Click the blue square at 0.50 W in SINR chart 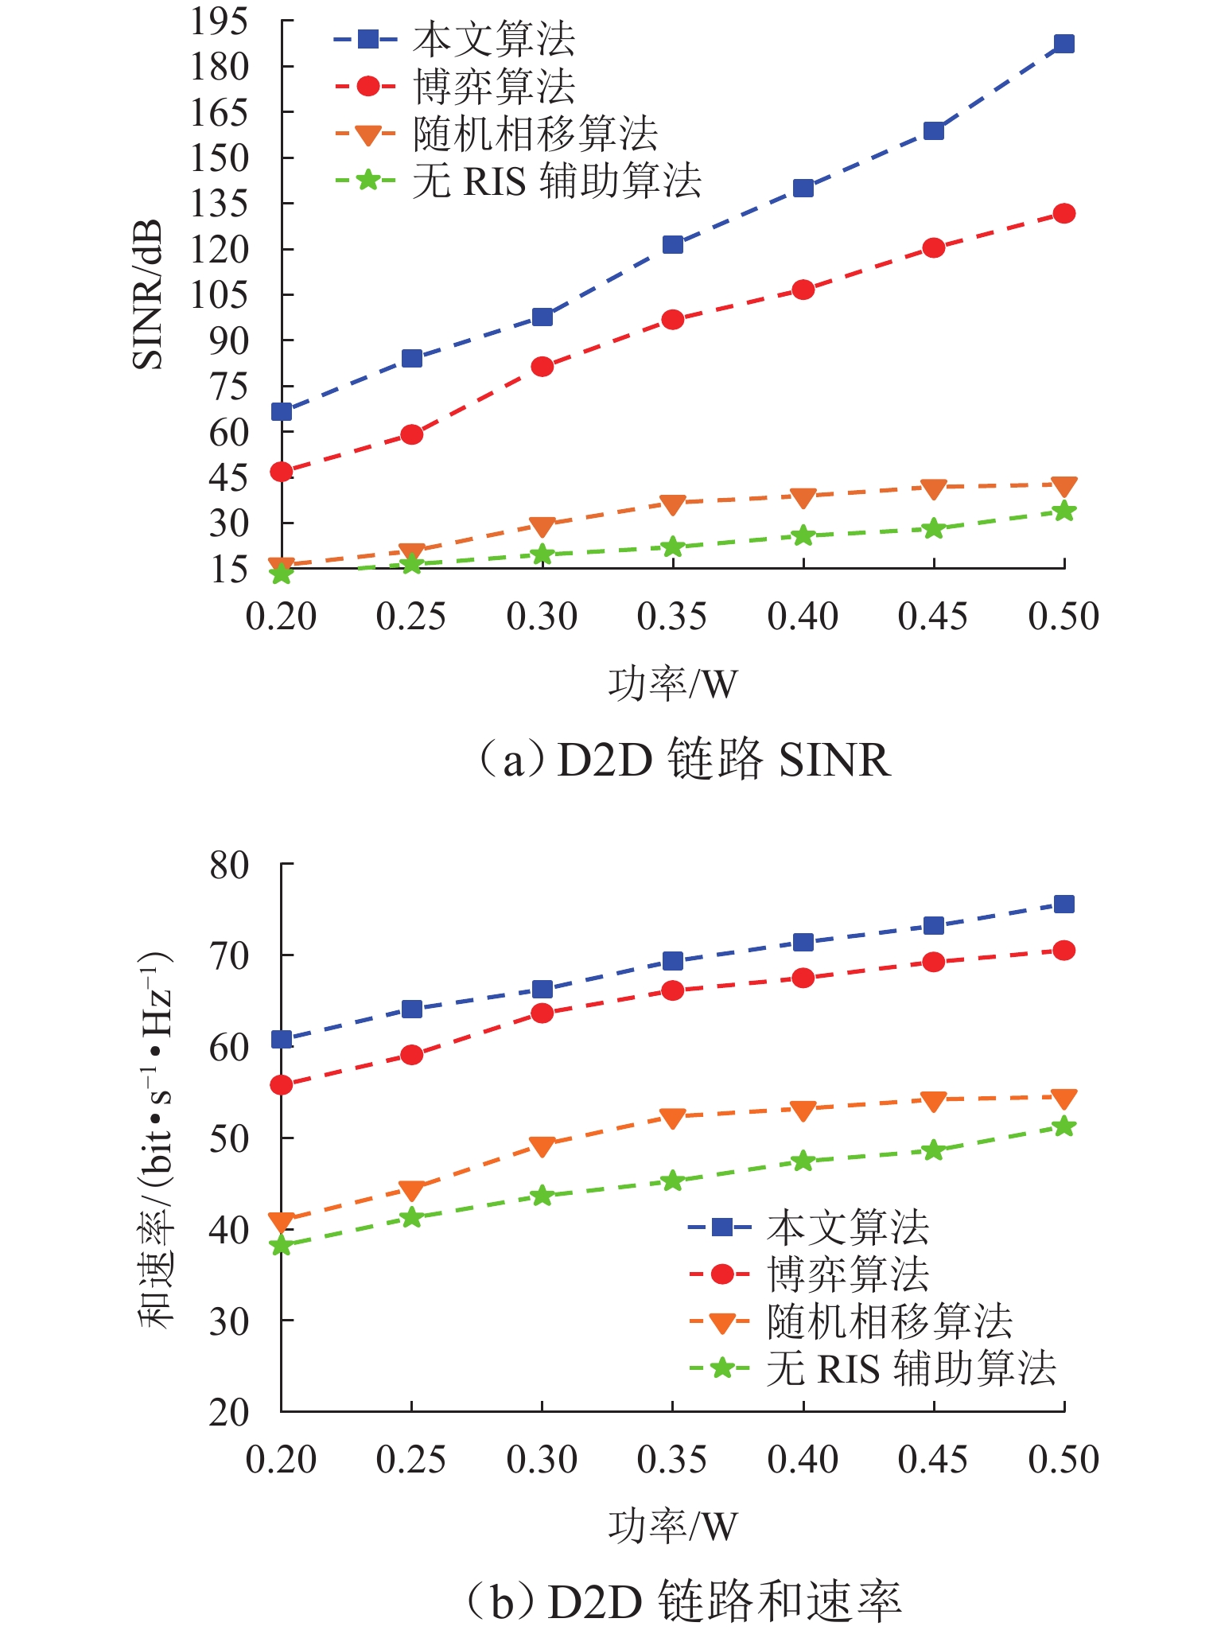1064,44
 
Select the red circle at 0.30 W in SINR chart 542,367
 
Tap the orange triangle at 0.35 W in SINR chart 673,504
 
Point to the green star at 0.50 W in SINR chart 1064,512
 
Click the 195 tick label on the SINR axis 219,21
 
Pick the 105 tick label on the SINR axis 219,295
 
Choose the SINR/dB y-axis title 148,294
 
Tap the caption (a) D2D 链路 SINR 682,759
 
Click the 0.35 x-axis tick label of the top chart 672,617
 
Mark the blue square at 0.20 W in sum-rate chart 282,1040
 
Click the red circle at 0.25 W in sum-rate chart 412,1055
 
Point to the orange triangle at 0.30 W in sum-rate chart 542,1146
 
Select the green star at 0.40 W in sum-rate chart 803,1161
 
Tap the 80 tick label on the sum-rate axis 229,865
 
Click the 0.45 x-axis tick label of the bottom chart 933,1460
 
